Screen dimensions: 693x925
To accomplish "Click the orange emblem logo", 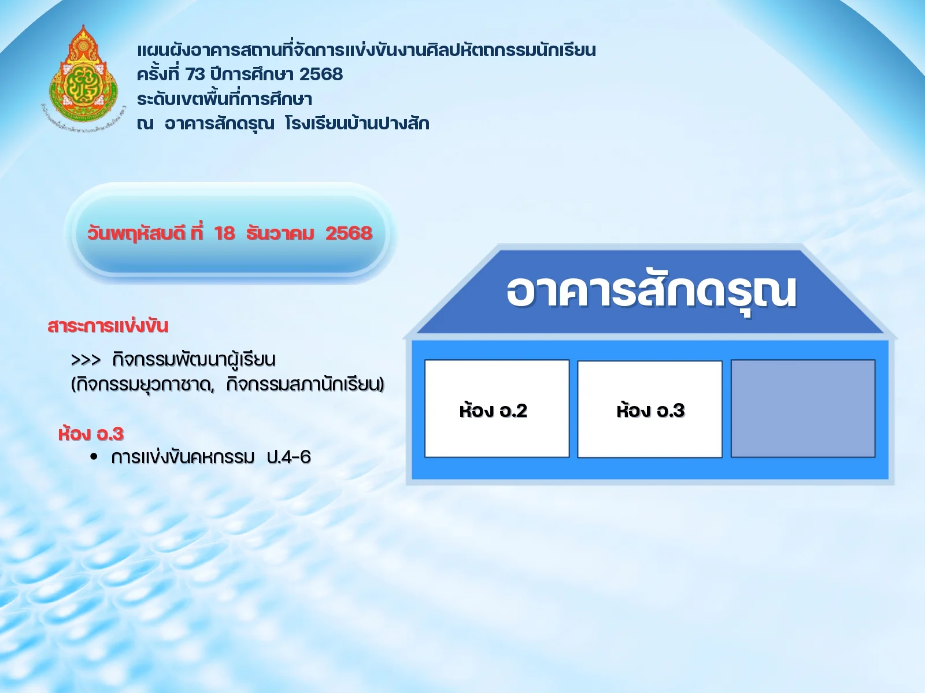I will tap(84, 78).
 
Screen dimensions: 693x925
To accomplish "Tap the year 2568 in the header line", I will tap(321, 74).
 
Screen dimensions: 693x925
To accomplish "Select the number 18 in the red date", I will tap(224, 233).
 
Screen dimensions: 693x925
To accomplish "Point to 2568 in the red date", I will tap(349, 233).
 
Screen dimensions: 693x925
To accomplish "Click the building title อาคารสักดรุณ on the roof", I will tap(651, 292).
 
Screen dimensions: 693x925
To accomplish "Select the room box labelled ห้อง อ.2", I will tap(497, 408).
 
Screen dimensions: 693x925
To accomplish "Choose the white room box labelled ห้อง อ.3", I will tap(650, 409).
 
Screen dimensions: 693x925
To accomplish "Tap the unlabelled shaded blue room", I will tap(802, 408).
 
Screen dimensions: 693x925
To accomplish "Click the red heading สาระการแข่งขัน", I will tap(108, 326).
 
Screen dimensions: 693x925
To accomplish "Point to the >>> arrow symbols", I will tap(86, 360).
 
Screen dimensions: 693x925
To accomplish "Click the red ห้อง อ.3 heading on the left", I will tap(91, 434).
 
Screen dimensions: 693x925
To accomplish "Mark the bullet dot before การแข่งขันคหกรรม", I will tap(94, 457).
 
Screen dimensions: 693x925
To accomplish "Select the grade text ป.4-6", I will tap(288, 457).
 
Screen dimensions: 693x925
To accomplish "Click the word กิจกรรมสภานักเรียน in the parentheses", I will tap(305, 384).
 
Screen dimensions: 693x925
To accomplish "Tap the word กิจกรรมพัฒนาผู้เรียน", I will tap(194, 360).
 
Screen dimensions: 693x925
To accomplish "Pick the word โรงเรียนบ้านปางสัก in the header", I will tap(357, 124).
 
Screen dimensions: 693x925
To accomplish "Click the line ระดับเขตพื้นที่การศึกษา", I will tap(224, 99).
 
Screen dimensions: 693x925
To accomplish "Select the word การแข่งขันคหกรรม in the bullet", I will tap(183, 457).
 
